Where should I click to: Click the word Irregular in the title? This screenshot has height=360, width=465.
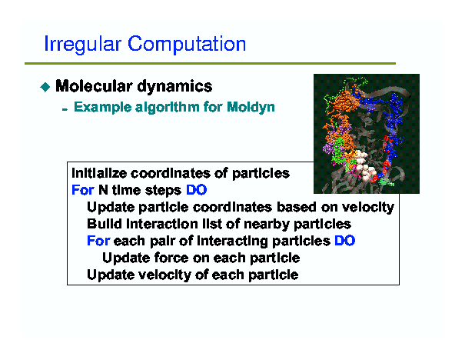click(83, 45)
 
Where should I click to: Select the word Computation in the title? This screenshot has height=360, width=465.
click(187, 45)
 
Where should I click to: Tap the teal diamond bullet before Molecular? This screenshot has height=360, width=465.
click(45, 87)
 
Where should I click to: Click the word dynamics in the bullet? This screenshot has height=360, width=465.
click(174, 87)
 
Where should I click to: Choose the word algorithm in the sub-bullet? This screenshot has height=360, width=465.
click(168, 107)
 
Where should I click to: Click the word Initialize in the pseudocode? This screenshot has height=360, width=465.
click(99, 173)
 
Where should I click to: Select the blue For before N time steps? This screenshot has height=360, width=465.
click(83, 190)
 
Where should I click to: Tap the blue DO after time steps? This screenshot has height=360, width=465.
click(196, 190)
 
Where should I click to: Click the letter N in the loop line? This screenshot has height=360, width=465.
click(103, 190)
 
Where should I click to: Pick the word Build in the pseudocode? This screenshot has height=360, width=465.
click(105, 224)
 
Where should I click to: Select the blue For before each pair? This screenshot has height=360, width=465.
click(98, 241)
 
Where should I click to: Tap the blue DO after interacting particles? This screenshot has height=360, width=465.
click(345, 241)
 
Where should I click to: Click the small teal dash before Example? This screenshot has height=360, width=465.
click(65, 110)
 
